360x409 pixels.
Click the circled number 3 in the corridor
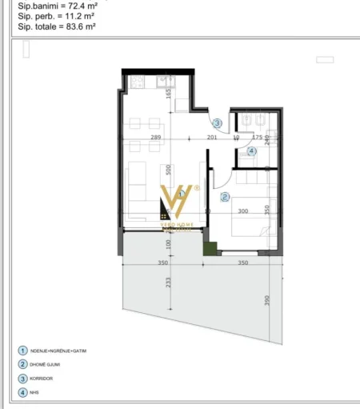click(x=217, y=123)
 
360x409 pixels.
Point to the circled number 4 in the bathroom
click(x=251, y=150)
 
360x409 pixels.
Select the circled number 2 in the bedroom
click(x=225, y=196)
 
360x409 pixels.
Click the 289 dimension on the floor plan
click(x=156, y=138)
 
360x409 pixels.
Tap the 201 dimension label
click(x=212, y=138)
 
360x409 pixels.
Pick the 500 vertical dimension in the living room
click(x=169, y=170)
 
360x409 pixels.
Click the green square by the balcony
click(x=210, y=249)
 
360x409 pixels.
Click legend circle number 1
click(x=22, y=350)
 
